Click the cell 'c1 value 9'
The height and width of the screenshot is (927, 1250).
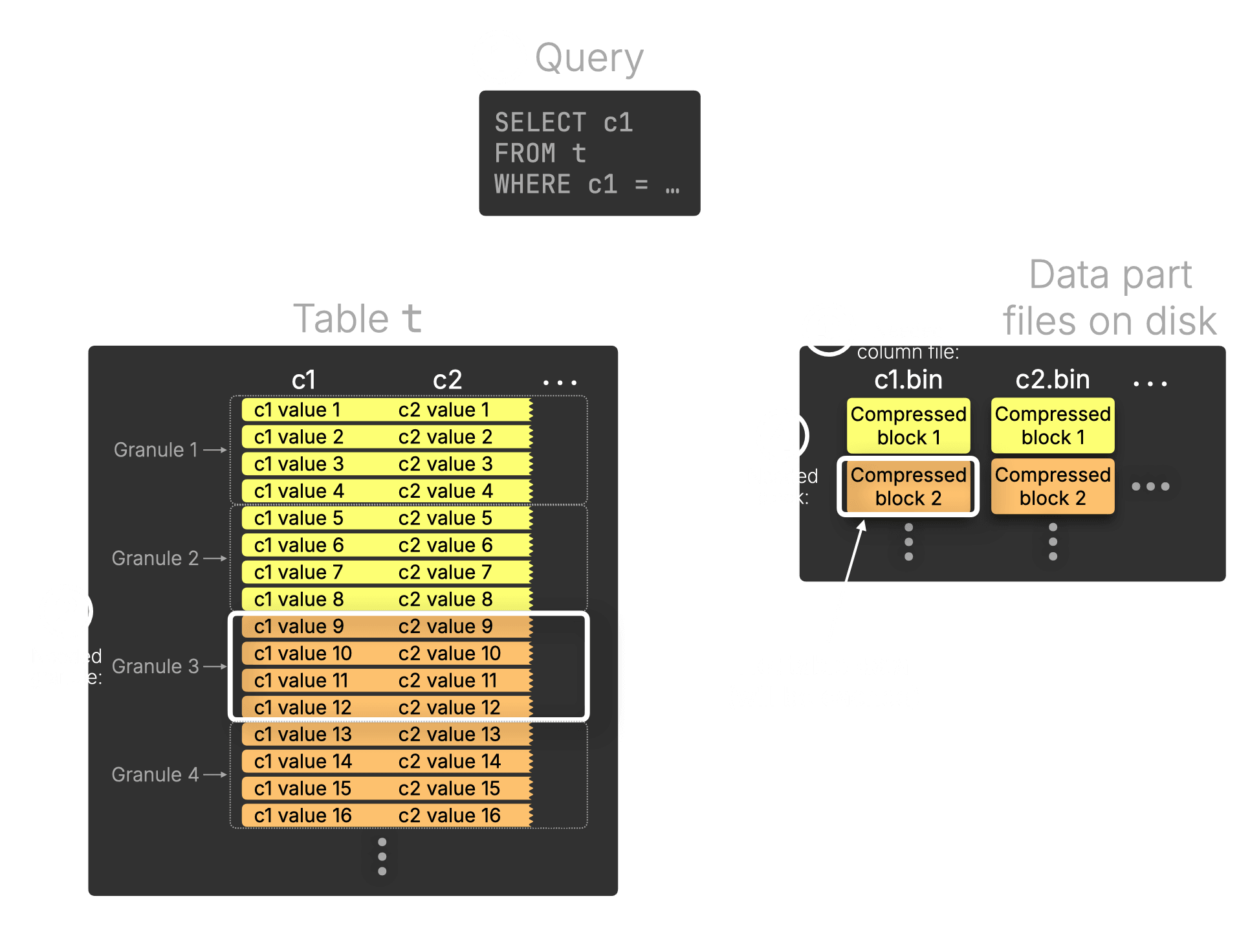pos(299,627)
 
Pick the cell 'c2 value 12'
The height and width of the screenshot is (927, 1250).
pos(449,708)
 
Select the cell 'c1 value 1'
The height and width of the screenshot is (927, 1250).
pos(297,410)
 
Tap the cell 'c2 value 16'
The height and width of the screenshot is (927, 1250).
pos(449,816)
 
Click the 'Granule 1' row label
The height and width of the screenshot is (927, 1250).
pos(155,450)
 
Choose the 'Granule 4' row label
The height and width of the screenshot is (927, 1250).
pos(155,774)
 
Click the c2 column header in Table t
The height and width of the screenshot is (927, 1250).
pos(447,380)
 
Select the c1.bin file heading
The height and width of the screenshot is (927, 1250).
pos(908,380)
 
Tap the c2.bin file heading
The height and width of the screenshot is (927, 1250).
pos(1053,380)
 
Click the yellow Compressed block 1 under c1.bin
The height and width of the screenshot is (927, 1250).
pos(908,426)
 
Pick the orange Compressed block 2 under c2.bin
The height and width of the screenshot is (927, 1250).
pos(1053,487)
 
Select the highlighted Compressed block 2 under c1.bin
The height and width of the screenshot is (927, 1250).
pos(908,487)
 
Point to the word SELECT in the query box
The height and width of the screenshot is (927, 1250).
pos(540,122)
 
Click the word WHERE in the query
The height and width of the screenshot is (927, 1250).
pos(532,184)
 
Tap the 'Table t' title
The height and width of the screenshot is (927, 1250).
pos(357,318)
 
